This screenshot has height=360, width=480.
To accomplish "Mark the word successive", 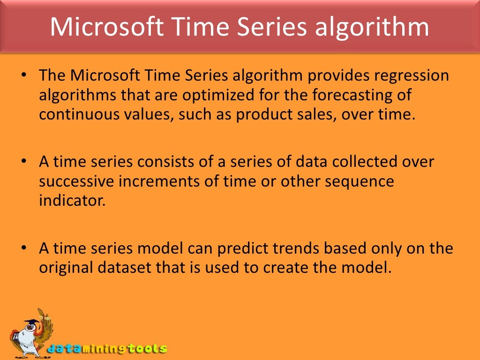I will click(x=74, y=181).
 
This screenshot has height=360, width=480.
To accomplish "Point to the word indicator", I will click(x=72, y=201).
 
